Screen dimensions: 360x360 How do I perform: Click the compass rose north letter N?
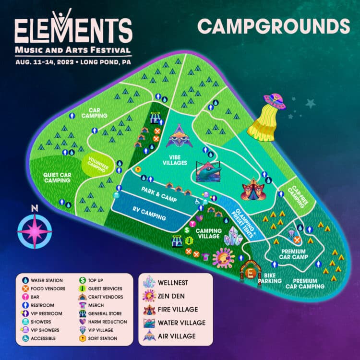point(34,208)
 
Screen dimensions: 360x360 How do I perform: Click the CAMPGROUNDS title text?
point(273,27)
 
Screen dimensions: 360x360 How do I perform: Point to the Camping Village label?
point(208,233)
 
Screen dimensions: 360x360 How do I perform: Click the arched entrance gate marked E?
point(249,272)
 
